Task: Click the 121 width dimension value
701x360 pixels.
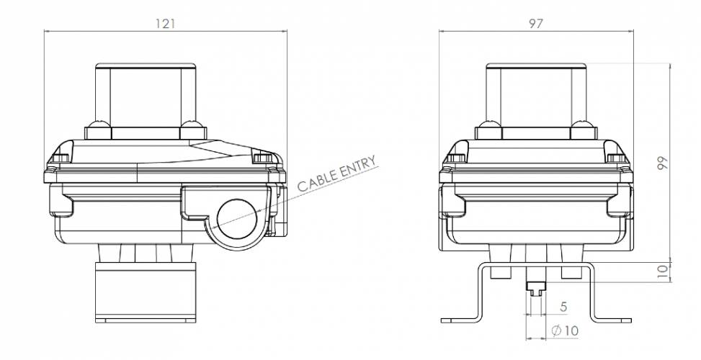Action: point(166,24)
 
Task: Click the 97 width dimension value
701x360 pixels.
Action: point(535,24)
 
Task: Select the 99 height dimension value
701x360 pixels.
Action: point(663,163)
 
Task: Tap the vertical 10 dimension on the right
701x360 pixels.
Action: point(664,270)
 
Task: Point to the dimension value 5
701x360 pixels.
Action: point(563,307)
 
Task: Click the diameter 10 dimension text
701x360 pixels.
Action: point(565,331)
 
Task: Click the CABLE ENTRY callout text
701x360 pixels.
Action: point(336,174)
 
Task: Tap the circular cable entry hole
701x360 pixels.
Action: point(236,219)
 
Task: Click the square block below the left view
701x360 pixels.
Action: point(146,292)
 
